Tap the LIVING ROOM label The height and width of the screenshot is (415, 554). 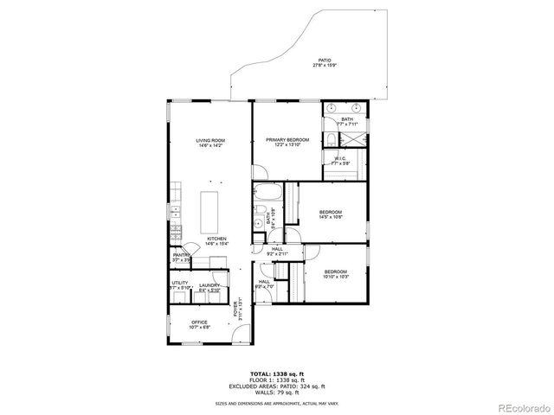[210, 143]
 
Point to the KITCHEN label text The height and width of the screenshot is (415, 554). [216, 241]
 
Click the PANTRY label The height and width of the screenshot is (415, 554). [182, 257]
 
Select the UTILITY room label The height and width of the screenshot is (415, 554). [180, 284]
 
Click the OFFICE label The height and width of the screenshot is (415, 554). [200, 324]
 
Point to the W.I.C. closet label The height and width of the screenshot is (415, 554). [340, 161]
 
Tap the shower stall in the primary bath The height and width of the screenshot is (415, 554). [353, 139]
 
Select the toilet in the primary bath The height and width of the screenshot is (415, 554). [332, 139]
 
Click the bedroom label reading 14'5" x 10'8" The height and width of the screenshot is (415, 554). [332, 214]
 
